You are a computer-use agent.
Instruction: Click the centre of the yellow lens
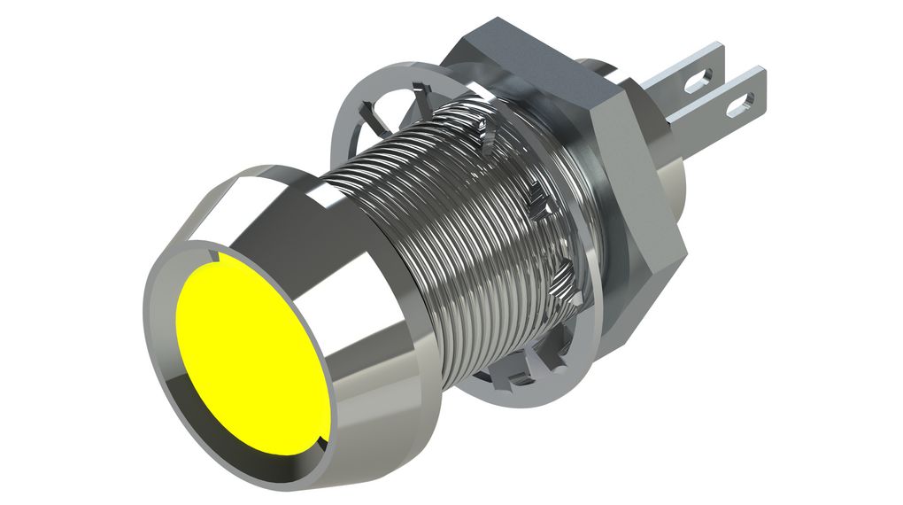[x=251, y=354]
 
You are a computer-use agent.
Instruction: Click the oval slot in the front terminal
[x=737, y=107]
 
